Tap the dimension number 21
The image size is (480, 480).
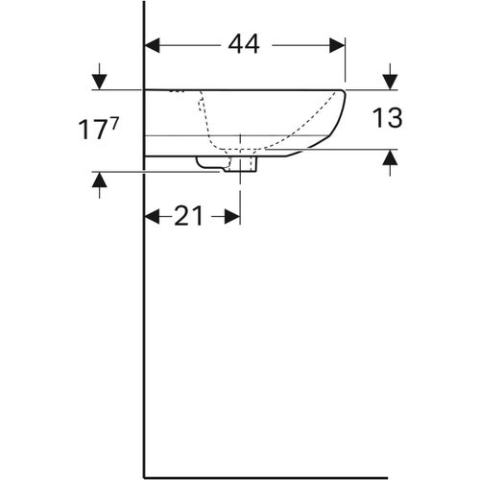tap(190, 216)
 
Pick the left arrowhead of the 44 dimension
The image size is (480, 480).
tap(152, 43)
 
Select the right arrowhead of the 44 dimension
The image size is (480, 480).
tap(337, 43)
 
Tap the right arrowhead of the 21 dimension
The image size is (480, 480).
tap(233, 217)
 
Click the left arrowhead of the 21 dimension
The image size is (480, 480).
tap(151, 217)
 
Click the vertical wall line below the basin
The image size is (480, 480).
tap(144, 326)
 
